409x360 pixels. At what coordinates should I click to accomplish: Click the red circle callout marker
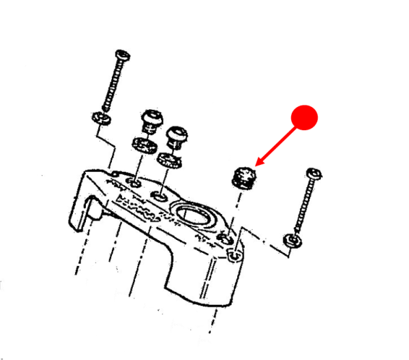coord(304,117)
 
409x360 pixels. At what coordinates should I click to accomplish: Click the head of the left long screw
coord(123,54)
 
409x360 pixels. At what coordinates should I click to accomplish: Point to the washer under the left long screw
coord(102,119)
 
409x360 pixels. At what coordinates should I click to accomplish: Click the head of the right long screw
coord(314,173)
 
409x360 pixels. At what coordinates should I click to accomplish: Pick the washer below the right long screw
coord(292,241)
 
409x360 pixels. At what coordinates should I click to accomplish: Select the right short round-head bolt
coord(177,136)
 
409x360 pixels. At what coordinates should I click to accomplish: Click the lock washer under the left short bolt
coord(142,145)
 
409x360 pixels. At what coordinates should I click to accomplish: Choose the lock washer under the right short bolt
coord(168,160)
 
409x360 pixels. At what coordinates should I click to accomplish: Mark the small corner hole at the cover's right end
coord(236,256)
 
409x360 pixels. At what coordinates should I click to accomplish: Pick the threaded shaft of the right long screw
coord(303,205)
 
